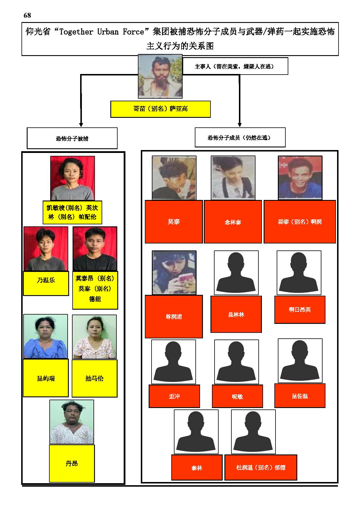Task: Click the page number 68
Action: (27, 15)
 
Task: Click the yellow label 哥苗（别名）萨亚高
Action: (160, 109)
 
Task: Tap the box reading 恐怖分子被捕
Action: (72, 138)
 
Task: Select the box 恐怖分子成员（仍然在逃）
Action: (240, 137)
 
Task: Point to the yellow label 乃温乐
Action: (46, 283)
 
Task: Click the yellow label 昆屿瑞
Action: (46, 378)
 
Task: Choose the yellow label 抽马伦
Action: (95, 378)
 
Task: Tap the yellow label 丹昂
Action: (72, 463)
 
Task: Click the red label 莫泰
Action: (174, 222)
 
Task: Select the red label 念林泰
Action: (233, 222)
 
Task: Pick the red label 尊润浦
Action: (174, 317)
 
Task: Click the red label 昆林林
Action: (236, 314)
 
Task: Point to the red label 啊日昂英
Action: (300, 310)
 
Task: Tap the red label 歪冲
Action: (174, 396)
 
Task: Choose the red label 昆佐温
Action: (300, 396)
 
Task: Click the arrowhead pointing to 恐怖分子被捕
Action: (81, 124)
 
